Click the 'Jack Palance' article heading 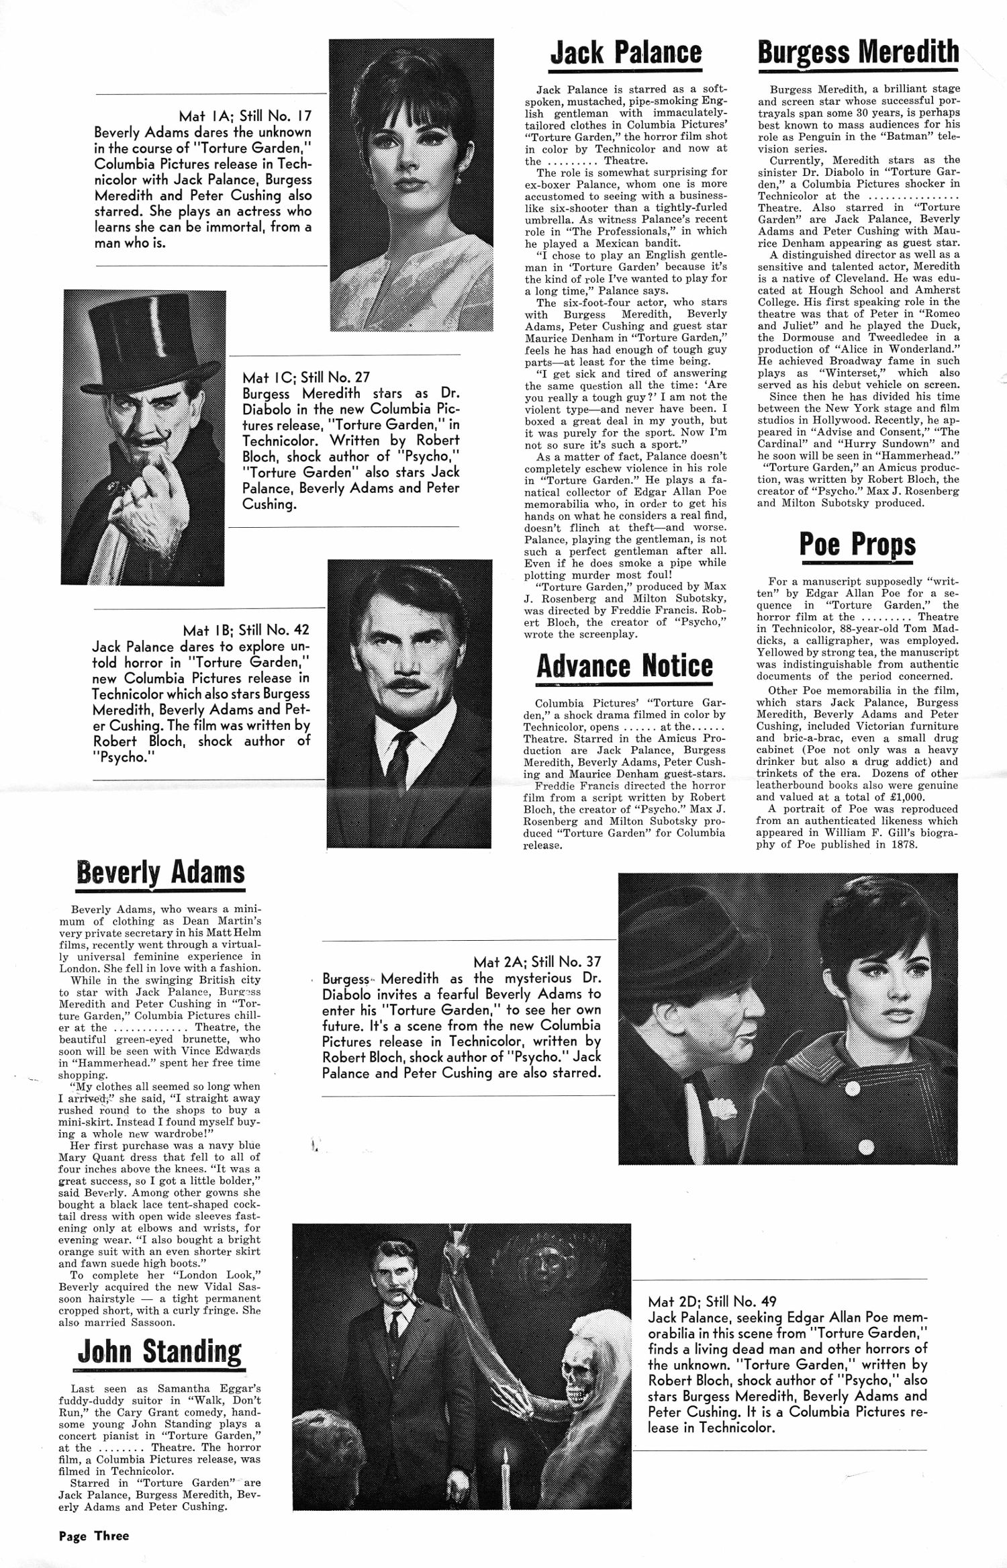pyautogui.click(x=626, y=53)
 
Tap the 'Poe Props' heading pyautogui.click(x=857, y=544)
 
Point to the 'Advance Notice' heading pyautogui.click(x=624, y=665)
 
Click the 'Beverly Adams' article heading pyautogui.click(x=160, y=872)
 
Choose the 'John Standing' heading pyautogui.click(x=160, y=1350)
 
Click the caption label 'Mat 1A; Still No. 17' pyautogui.click(x=245, y=116)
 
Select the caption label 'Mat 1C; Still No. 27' pyautogui.click(x=306, y=377)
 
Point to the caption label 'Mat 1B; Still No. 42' pyautogui.click(x=246, y=630)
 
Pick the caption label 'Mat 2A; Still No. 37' pyautogui.click(x=537, y=962)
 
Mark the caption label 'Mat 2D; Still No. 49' pyautogui.click(x=712, y=1301)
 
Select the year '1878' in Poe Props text pyautogui.click(x=904, y=844)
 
